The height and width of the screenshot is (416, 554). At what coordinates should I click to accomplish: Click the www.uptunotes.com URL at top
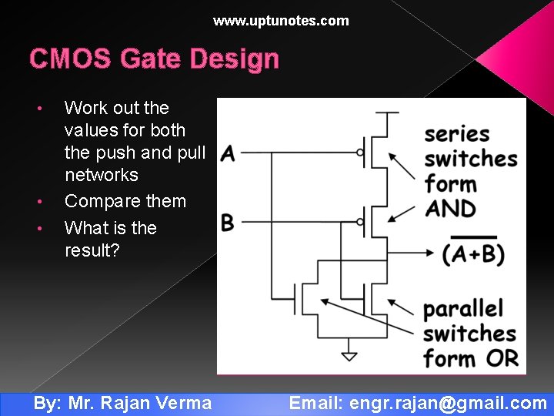pyautogui.click(x=281, y=21)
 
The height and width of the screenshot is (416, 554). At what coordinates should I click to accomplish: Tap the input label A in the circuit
pyautogui.click(x=227, y=154)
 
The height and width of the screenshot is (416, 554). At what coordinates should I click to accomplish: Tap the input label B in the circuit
pyautogui.click(x=227, y=223)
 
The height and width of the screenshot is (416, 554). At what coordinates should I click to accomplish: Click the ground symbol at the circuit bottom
pyautogui.click(x=349, y=356)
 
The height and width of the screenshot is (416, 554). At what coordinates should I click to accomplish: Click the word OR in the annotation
pyautogui.click(x=502, y=358)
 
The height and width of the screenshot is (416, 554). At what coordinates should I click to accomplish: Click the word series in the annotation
pyautogui.click(x=457, y=134)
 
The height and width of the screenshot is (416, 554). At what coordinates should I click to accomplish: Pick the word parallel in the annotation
pyautogui.click(x=463, y=310)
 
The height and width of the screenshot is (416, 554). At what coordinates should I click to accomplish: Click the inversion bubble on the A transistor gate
pyautogui.click(x=359, y=153)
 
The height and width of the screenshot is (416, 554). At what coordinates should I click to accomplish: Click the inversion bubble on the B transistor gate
pyautogui.click(x=359, y=222)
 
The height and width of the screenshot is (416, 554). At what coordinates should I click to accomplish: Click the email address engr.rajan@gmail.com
pyautogui.click(x=448, y=402)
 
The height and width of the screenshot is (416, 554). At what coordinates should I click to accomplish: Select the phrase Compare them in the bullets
pyautogui.click(x=125, y=202)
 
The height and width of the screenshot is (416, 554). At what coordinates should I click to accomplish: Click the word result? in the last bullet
pyautogui.click(x=92, y=250)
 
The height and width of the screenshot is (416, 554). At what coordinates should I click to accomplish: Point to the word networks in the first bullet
pyautogui.click(x=102, y=175)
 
